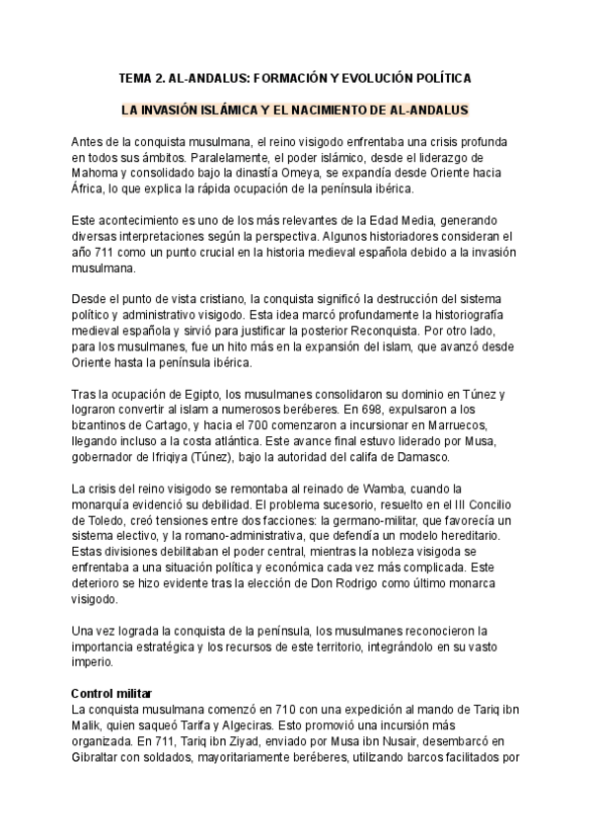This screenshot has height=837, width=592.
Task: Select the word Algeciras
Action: click(228, 725)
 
